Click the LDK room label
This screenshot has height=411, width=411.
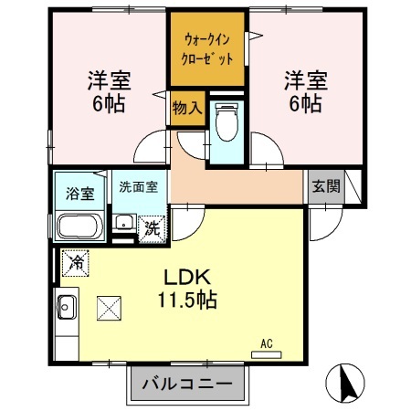pyautogui.click(x=189, y=276)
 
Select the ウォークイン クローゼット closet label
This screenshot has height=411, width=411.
pyautogui.click(x=207, y=48)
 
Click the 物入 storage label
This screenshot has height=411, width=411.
pyautogui.click(x=186, y=108)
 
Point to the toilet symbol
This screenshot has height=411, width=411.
pyautogui.click(x=225, y=122)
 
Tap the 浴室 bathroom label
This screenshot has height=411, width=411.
pyautogui.click(x=79, y=194)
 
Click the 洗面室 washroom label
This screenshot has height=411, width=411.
pyautogui.click(x=138, y=186)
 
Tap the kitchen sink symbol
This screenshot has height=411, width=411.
pyautogui.click(x=67, y=308)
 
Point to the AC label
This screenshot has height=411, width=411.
pyautogui.click(x=267, y=343)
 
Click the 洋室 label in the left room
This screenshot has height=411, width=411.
pyautogui.click(x=108, y=79)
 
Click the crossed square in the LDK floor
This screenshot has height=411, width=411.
pyautogui.click(x=109, y=309)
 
